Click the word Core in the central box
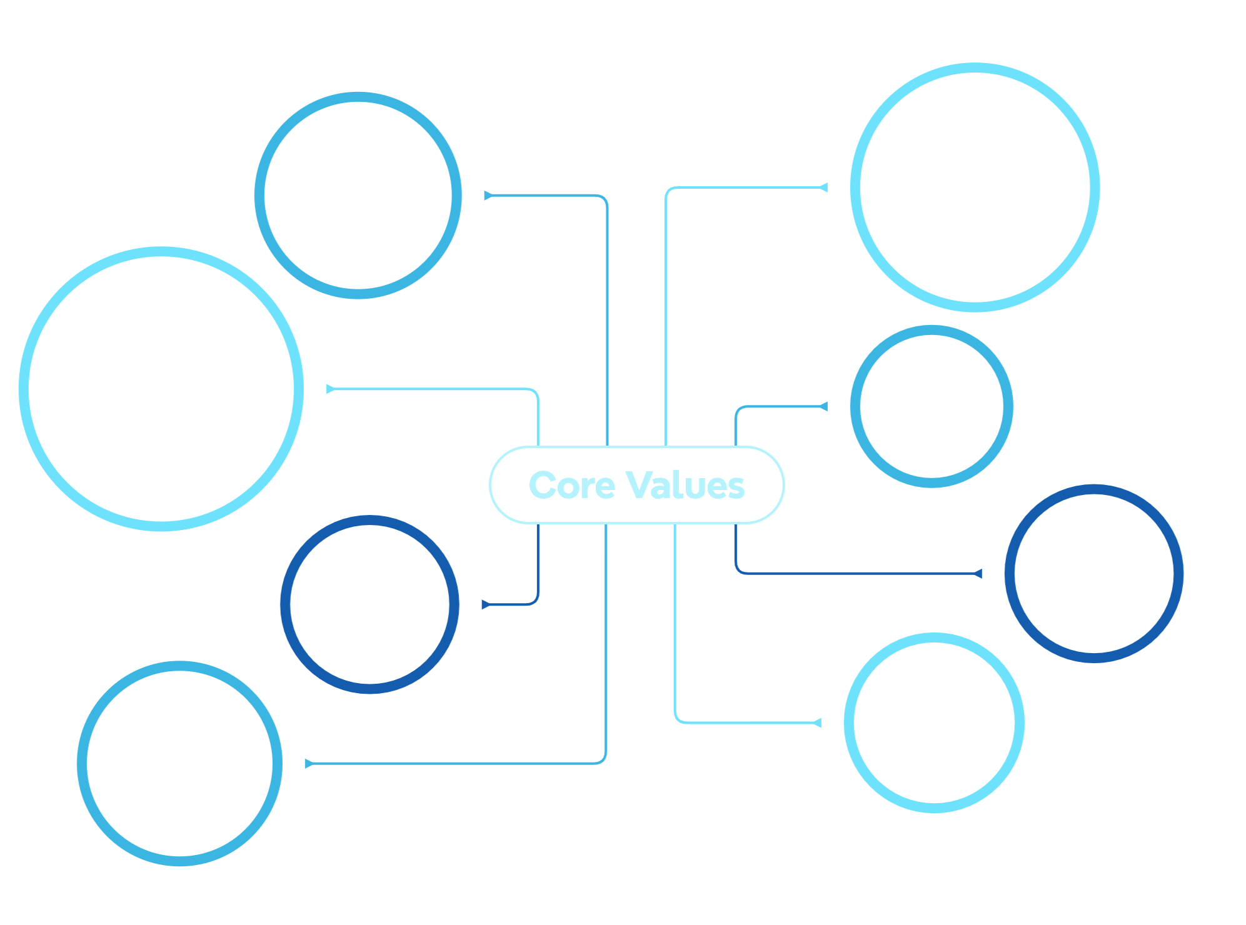(x=571, y=486)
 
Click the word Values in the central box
(x=685, y=486)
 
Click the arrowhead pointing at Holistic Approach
(x=488, y=196)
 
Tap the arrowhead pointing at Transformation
(x=330, y=389)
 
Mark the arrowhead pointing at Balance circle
(x=485, y=604)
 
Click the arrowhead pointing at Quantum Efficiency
(x=308, y=763)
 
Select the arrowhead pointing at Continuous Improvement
(x=823, y=187)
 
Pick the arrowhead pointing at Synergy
(x=978, y=574)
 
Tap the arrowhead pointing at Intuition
(x=817, y=723)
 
